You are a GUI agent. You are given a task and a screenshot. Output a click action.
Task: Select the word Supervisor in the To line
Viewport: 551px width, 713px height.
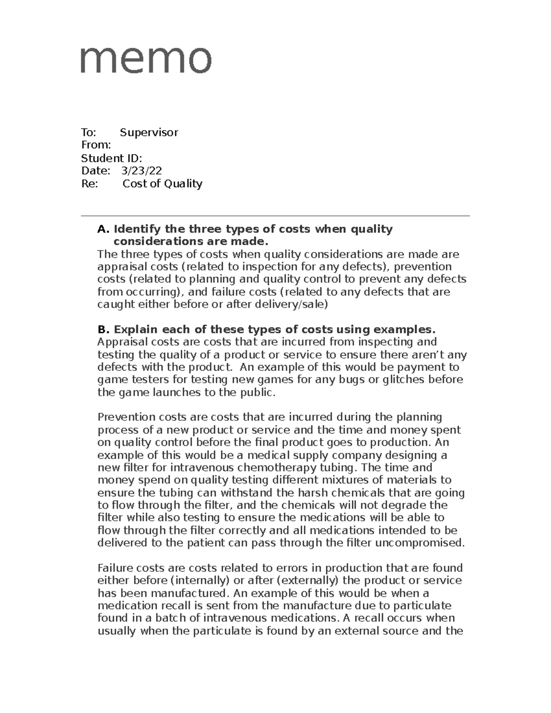(x=149, y=133)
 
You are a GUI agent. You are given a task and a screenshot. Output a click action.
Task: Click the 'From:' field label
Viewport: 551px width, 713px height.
(x=96, y=146)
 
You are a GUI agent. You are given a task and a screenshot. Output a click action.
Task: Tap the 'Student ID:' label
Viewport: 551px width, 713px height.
(x=111, y=158)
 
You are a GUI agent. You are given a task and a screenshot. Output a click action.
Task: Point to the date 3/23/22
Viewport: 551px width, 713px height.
(x=141, y=171)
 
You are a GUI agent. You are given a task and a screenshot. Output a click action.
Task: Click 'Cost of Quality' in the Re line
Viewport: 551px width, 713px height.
(x=162, y=184)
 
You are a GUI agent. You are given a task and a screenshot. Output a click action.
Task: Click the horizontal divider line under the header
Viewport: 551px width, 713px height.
(x=275, y=216)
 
